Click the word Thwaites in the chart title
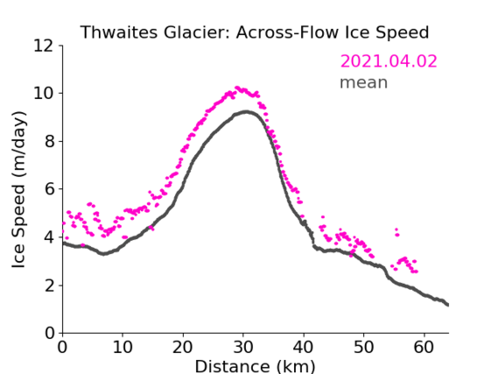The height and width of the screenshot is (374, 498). [119, 32]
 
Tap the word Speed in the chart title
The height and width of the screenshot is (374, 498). [403, 33]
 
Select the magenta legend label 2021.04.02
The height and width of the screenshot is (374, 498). [389, 61]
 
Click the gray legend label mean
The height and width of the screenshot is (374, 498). [364, 82]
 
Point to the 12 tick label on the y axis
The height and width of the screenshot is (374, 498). [44, 46]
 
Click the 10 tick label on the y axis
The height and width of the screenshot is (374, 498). [44, 94]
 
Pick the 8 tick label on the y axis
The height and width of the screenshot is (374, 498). [49, 141]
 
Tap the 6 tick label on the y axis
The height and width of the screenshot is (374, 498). [49, 189]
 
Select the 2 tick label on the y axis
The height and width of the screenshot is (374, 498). [49, 286]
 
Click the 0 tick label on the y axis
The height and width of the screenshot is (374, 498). [49, 334]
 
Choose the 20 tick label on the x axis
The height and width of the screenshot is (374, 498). [183, 347]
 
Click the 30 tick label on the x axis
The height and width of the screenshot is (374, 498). [243, 347]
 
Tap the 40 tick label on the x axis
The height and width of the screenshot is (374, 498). [304, 347]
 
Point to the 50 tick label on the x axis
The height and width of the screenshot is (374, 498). [364, 347]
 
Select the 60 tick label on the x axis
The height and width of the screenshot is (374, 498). [424, 347]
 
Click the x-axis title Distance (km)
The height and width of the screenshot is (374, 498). [255, 366]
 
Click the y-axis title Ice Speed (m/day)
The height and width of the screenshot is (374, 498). [18, 189]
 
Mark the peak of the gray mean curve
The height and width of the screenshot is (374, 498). [246, 111]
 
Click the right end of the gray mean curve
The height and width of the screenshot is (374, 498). [448, 305]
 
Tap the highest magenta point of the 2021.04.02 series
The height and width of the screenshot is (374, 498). [236, 88]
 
